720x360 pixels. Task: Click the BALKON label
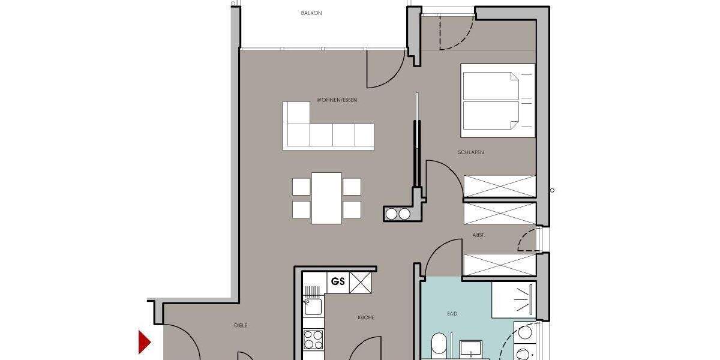(x=311, y=13)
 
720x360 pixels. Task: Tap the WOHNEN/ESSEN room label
(x=337, y=100)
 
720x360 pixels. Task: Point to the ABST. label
(x=479, y=236)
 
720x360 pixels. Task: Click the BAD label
(x=452, y=313)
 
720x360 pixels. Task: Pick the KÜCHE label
(x=366, y=317)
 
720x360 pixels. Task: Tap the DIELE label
(x=241, y=325)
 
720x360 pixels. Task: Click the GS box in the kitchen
(x=338, y=282)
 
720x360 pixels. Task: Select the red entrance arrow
(x=144, y=342)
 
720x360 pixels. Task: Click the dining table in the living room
(x=327, y=197)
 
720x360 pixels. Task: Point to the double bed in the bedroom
(x=497, y=100)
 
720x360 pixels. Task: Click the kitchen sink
(x=312, y=306)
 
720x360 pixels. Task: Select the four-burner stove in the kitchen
(x=313, y=340)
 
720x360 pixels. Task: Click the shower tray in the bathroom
(x=514, y=299)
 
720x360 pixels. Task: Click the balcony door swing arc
(x=384, y=69)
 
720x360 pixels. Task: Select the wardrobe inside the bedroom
(x=500, y=186)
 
